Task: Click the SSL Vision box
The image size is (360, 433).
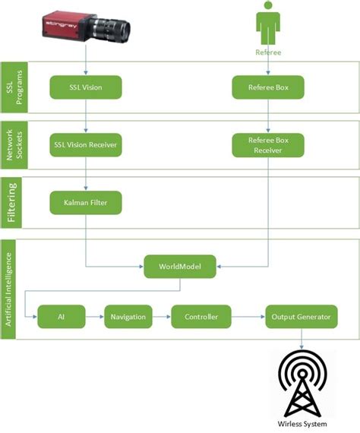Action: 86,87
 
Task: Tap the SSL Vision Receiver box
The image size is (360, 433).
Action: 86,144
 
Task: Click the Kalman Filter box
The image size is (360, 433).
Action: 86,203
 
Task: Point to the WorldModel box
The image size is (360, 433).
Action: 180,265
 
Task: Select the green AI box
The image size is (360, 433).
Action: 61,316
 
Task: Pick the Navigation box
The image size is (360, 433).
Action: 128,316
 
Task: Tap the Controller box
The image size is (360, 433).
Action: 201,316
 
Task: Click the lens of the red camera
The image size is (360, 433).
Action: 118,30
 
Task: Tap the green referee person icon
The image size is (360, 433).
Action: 267,23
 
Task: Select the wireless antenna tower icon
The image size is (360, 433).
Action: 302,387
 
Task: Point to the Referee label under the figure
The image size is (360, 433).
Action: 267,53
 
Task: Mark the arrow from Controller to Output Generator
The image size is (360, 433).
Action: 248,316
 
